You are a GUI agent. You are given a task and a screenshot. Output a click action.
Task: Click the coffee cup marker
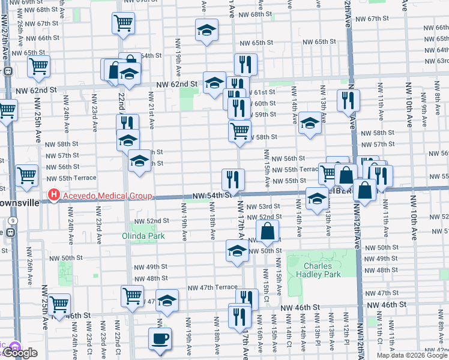(x=160, y=338)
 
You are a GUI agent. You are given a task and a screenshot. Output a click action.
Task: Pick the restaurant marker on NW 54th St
(x=233, y=179)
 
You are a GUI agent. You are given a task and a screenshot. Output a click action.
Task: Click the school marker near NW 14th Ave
(x=309, y=123)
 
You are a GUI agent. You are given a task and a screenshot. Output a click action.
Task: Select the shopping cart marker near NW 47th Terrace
(x=132, y=295)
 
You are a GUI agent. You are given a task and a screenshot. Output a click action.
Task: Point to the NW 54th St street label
(x=212, y=196)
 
